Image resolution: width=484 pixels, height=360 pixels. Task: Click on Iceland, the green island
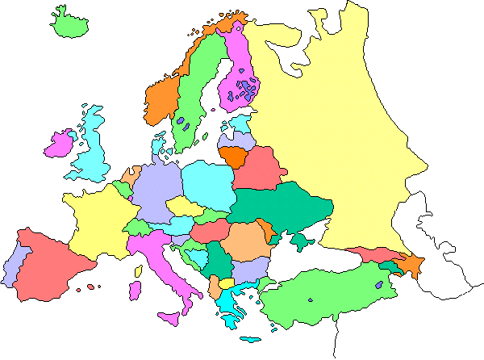point(69,22)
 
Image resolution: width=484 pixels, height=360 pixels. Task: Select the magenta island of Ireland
point(60,144)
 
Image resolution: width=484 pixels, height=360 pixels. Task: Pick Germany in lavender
point(153,190)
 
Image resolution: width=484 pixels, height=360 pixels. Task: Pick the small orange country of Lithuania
point(235,155)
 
